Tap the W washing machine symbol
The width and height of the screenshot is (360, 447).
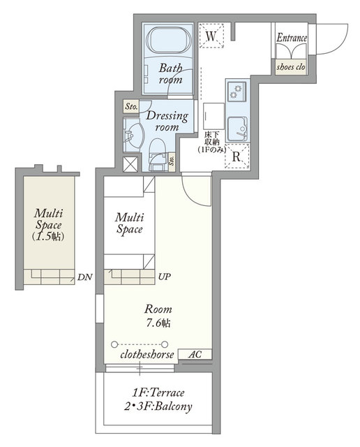(x=211, y=36)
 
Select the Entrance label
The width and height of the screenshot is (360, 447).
(x=292, y=38)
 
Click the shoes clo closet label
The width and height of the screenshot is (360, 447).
(x=291, y=67)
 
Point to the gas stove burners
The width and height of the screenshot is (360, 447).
(x=236, y=91)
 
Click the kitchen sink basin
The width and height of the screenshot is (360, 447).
(x=237, y=129)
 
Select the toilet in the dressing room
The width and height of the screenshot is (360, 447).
(x=157, y=155)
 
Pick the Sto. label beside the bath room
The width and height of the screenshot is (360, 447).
(x=131, y=107)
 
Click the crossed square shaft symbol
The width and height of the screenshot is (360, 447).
(x=130, y=164)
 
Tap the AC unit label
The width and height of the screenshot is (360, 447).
(x=195, y=354)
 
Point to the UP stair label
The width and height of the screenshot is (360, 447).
(x=165, y=277)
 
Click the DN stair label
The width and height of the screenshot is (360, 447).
(x=85, y=277)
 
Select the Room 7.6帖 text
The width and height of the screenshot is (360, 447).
(x=158, y=316)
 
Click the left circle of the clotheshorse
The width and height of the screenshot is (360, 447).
(x=114, y=344)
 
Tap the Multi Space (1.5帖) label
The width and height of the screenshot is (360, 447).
(x=48, y=225)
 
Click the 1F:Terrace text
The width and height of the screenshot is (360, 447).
(x=158, y=393)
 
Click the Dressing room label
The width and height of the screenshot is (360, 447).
(x=167, y=121)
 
